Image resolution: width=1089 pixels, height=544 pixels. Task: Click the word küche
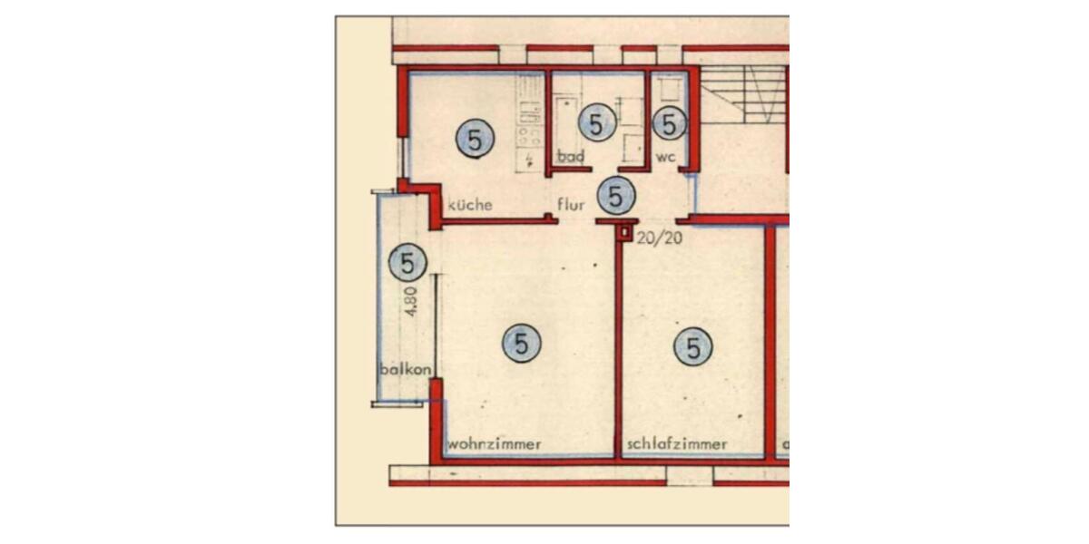(x=469, y=205)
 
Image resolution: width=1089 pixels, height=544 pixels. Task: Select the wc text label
(x=666, y=157)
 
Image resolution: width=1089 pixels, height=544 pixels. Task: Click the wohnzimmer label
(x=495, y=444)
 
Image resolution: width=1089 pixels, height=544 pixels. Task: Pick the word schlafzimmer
(x=676, y=444)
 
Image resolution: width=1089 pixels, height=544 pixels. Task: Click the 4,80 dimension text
(x=410, y=300)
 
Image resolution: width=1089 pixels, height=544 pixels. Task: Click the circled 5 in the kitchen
(x=475, y=140)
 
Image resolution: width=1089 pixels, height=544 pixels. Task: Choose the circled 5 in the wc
(x=669, y=124)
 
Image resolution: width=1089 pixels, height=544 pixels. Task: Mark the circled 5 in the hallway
(x=616, y=195)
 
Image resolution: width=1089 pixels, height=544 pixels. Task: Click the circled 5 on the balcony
(x=407, y=264)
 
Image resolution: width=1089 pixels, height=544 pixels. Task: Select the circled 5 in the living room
(x=521, y=344)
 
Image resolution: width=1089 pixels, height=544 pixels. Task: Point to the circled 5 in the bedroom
(x=693, y=346)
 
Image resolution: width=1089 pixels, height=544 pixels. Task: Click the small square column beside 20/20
(x=624, y=233)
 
